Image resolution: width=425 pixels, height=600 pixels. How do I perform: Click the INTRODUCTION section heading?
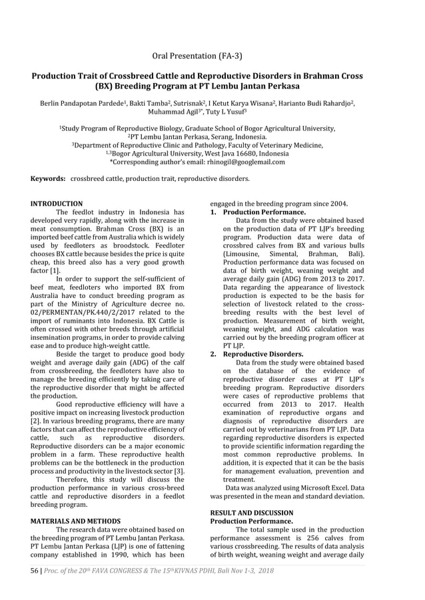[57, 204]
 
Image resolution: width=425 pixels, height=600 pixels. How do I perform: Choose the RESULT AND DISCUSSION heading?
[251, 513]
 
